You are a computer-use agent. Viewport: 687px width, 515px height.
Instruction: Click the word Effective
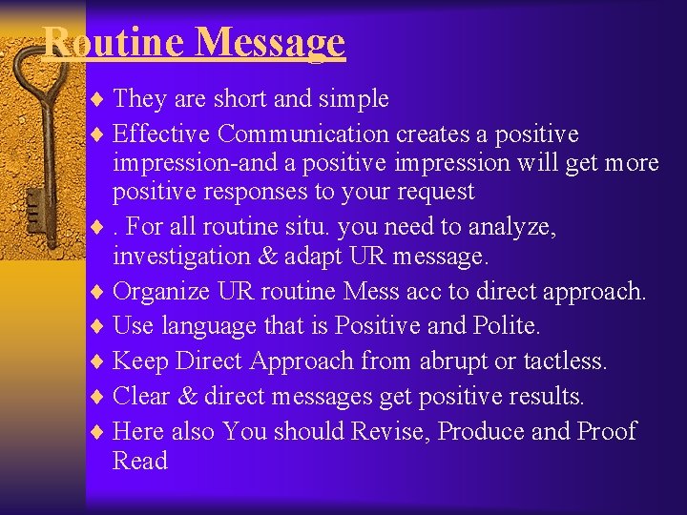161,134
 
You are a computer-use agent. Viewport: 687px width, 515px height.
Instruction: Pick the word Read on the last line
139,461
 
